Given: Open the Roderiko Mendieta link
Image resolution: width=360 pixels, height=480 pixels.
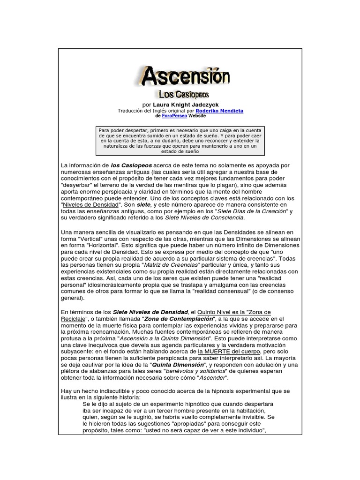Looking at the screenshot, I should click(219, 111).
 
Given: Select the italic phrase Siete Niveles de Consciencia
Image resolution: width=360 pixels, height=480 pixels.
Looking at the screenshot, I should click(204, 218).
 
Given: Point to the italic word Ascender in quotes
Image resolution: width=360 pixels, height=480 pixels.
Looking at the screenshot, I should click(212, 378).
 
